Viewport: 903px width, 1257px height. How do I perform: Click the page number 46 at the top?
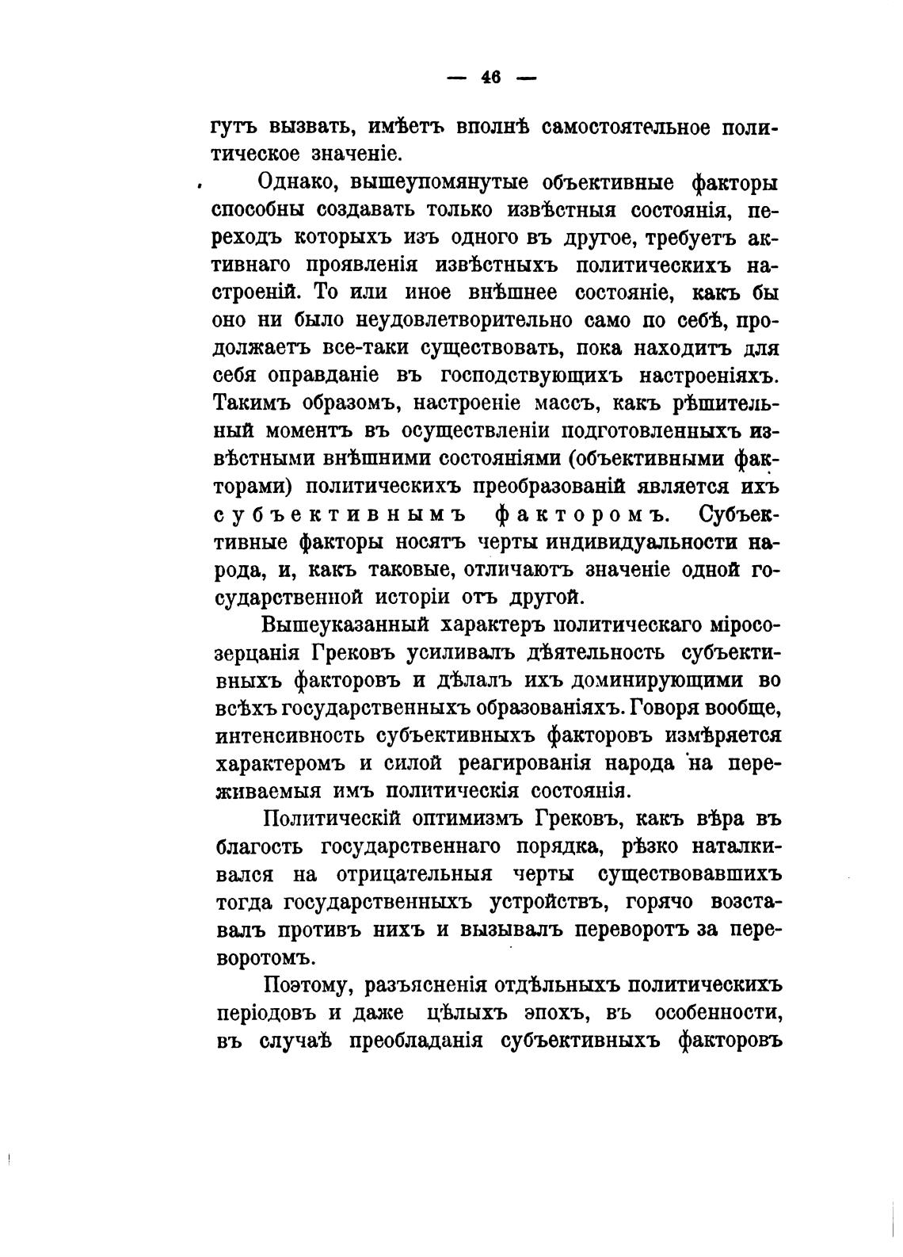(x=490, y=78)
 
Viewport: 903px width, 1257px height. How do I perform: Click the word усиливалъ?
(x=466, y=652)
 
